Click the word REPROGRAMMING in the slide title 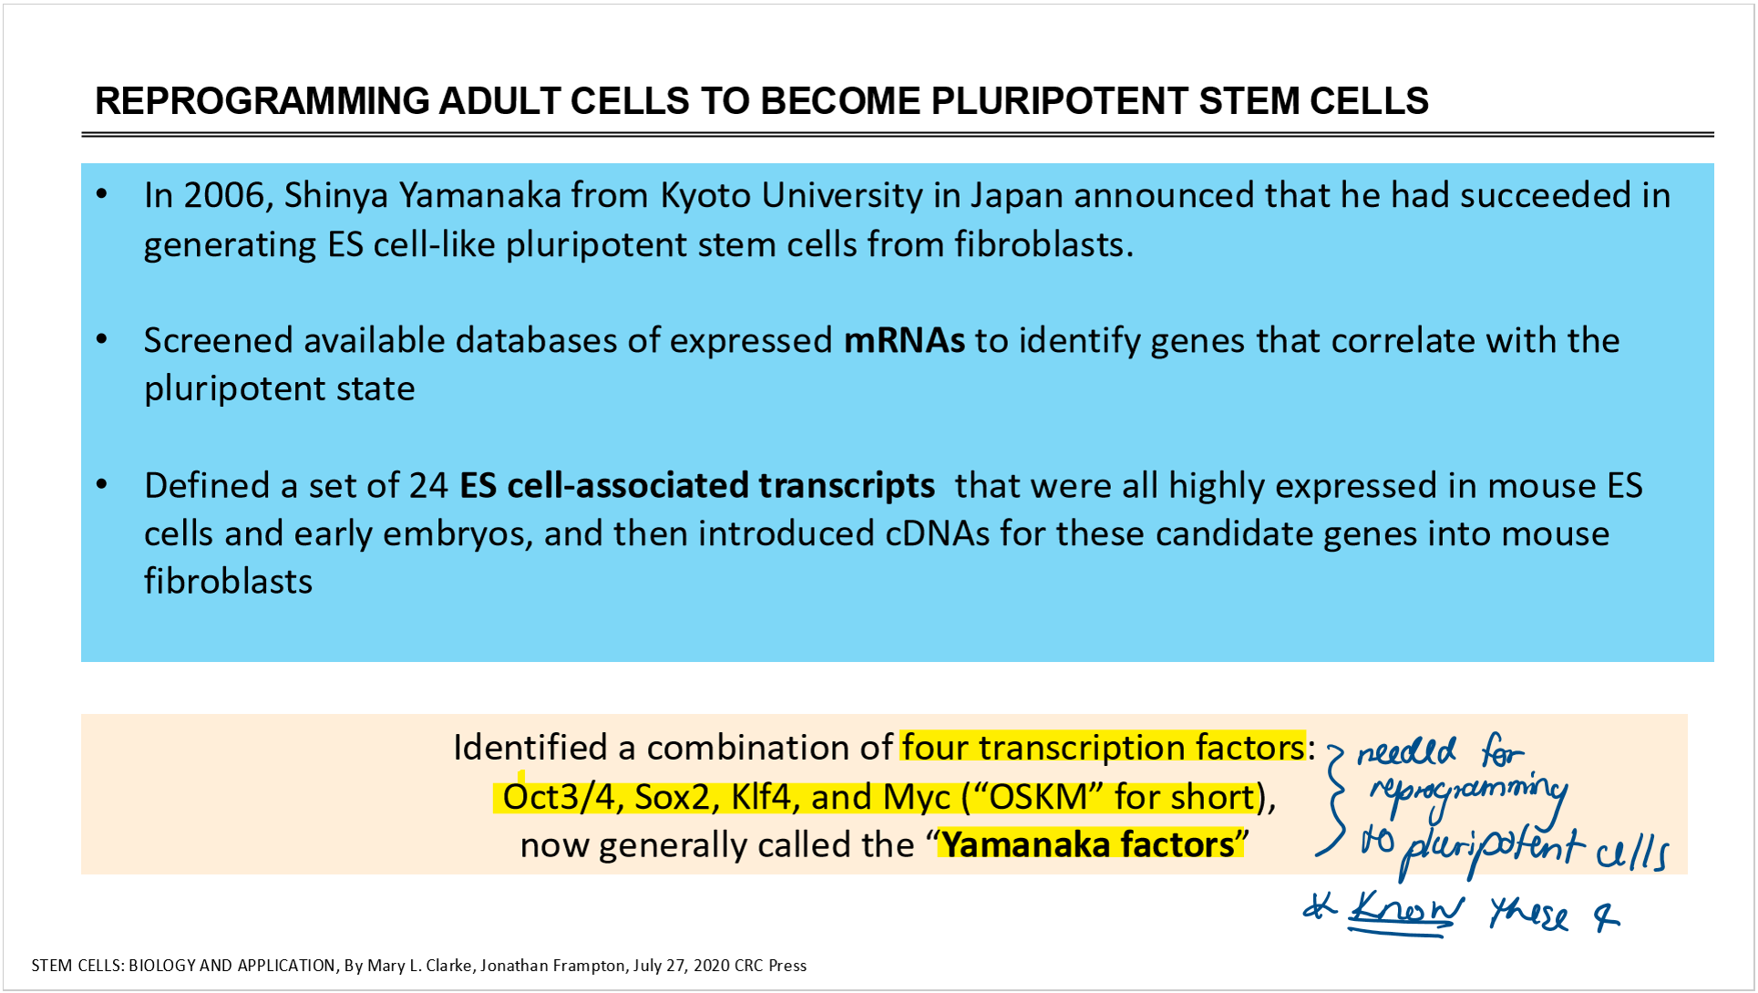262,101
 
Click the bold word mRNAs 904,340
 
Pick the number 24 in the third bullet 428,486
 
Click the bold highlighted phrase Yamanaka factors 1088,844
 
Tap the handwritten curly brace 1332,801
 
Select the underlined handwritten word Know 1406,911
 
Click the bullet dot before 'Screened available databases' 102,340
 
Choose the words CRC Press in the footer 770,966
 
